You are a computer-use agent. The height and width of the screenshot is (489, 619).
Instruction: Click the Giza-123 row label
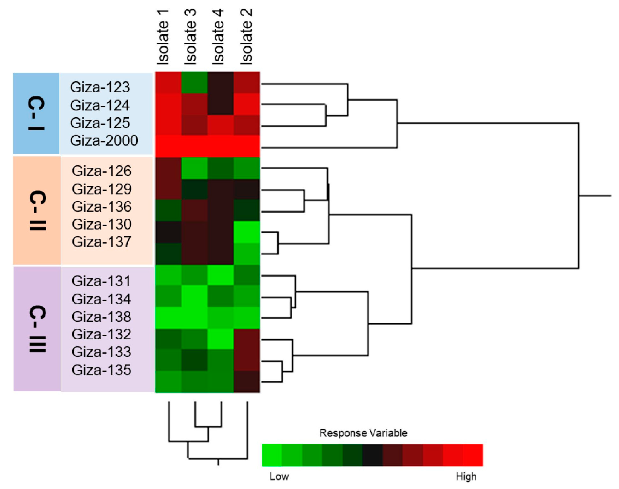point(100,87)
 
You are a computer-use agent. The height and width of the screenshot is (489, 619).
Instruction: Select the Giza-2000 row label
point(104,141)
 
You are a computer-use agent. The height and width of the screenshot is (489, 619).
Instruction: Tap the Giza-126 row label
point(101,171)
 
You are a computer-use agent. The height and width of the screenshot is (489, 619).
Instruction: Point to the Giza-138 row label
point(101,317)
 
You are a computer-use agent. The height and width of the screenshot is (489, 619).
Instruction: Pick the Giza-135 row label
point(101,370)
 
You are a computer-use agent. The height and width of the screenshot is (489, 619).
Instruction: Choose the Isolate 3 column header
point(190,37)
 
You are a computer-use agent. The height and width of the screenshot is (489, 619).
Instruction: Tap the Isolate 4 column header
point(218,37)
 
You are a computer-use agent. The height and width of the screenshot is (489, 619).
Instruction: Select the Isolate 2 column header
point(246,37)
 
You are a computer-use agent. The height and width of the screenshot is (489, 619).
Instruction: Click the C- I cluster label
point(36,113)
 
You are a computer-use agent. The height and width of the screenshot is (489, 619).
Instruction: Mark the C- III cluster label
point(37,329)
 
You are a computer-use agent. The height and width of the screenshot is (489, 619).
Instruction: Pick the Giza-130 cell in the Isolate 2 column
point(247,232)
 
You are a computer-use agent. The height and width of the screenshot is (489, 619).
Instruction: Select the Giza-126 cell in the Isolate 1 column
point(168,168)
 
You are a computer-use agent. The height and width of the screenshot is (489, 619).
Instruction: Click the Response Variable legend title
point(363,433)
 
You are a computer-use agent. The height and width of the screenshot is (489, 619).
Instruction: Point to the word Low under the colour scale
point(279,476)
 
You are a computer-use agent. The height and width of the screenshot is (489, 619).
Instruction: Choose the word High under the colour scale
point(466,476)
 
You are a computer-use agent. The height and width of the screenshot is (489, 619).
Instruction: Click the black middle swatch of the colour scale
point(372,455)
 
